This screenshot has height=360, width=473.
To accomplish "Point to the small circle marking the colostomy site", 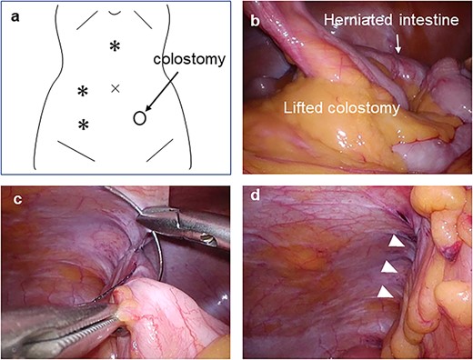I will tap(140, 116).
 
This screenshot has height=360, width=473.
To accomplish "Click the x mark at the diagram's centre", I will tap(115, 88).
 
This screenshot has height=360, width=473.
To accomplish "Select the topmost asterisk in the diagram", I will tap(115, 46).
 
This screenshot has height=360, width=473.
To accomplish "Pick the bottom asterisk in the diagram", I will tap(83, 125).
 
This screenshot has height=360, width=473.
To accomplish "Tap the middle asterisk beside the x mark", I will tap(83, 91).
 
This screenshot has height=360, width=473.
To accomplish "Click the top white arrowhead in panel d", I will tap(395, 243).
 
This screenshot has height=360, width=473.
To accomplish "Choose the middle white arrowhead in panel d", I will tap(388, 268).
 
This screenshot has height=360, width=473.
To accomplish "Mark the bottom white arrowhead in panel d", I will tap(385, 293).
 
